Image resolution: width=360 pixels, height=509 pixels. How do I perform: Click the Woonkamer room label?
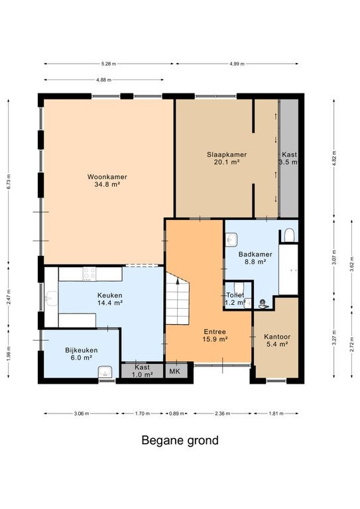(x=107, y=181)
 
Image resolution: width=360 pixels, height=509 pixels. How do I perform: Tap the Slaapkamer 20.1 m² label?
(x=227, y=158)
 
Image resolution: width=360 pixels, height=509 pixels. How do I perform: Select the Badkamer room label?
(x=255, y=258)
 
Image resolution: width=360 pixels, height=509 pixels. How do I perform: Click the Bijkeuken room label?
(x=81, y=354)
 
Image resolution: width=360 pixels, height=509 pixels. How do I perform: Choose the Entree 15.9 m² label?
(x=215, y=335)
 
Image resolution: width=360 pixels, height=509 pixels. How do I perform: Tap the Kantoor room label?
(x=277, y=340)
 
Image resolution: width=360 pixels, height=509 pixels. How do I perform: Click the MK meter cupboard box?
(x=176, y=371)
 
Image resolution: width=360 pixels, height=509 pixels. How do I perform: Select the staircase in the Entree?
(x=177, y=298)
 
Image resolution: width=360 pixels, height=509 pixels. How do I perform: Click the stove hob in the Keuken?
(x=90, y=274)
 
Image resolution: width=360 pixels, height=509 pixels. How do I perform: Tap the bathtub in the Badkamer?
(x=288, y=270)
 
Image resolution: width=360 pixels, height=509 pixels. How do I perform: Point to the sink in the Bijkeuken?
(x=105, y=372)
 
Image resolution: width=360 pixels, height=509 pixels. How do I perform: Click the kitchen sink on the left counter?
(x=51, y=299)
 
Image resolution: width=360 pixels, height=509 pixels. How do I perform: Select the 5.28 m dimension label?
(x=109, y=64)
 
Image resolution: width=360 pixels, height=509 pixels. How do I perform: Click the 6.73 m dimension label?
(x=9, y=182)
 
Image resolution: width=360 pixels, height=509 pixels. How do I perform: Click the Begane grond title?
(x=180, y=441)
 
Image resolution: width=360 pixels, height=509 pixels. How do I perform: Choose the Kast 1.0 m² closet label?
(x=142, y=370)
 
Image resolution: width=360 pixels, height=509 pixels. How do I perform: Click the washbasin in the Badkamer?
(x=231, y=239)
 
